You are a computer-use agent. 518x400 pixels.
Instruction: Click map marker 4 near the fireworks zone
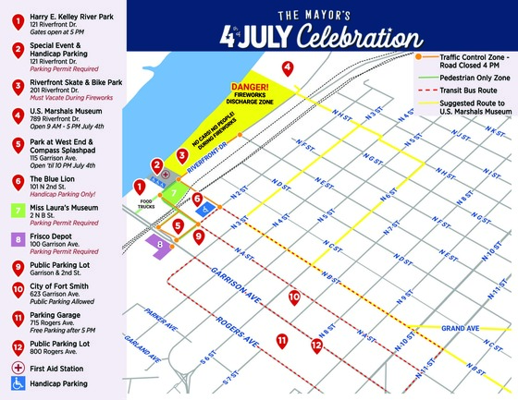coord(288,67)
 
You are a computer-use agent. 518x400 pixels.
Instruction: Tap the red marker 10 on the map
coord(294,297)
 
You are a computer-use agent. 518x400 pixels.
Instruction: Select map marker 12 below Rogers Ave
coord(316,345)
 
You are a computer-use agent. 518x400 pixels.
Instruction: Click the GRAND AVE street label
coord(460,329)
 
